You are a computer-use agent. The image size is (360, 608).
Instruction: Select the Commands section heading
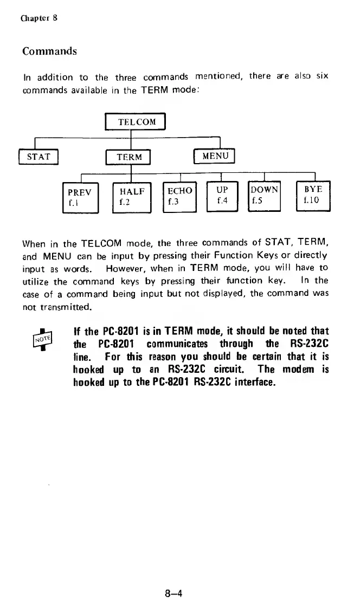pyautogui.click(x=49, y=51)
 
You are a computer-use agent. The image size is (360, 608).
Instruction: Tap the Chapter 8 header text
pyautogui.click(x=40, y=17)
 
